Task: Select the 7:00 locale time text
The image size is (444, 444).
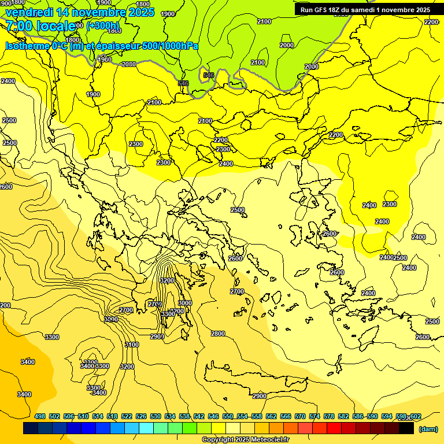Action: [40, 25]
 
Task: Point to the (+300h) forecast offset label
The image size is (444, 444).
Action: [103, 25]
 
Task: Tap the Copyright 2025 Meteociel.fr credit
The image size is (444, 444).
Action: [245, 440]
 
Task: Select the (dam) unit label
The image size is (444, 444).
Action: [427, 428]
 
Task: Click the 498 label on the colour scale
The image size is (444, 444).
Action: [40, 416]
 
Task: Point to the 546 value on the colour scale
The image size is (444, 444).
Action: [213, 416]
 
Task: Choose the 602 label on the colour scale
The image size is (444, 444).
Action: [416, 416]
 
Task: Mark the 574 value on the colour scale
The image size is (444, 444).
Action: [314, 416]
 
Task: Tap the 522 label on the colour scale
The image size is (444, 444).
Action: [127, 416]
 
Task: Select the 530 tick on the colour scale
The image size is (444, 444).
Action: [156, 416]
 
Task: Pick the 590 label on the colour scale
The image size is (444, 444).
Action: [372, 416]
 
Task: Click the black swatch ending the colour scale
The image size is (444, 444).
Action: [406, 428]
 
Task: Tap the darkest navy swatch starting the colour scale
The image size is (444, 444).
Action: [31, 428]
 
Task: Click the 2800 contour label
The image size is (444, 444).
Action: [217, 334]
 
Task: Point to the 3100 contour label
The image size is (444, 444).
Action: [132, 345]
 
